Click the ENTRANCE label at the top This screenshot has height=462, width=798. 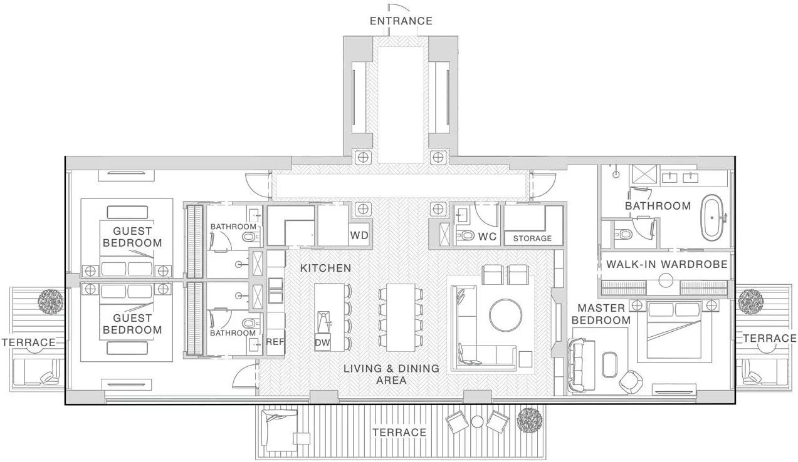point(401,21)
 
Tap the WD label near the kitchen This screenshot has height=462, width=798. point(359,235)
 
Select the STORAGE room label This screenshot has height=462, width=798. point(532,239)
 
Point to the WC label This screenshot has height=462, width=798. point(487,237)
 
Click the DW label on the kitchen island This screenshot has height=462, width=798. point(322,343)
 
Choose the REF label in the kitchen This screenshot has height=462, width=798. point(275,342)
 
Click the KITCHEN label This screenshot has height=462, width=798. point(325,268)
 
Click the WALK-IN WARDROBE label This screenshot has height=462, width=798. point(667,264)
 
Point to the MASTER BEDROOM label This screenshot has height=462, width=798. point(601,314)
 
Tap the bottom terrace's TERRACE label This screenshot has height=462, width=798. point(399,433)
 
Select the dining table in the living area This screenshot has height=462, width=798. point(401,317)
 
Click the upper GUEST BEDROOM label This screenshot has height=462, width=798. point(132,237)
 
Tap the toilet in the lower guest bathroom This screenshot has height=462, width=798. point(249,323)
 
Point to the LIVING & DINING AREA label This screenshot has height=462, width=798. point(391,374)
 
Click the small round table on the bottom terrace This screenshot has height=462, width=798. point(477,422)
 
